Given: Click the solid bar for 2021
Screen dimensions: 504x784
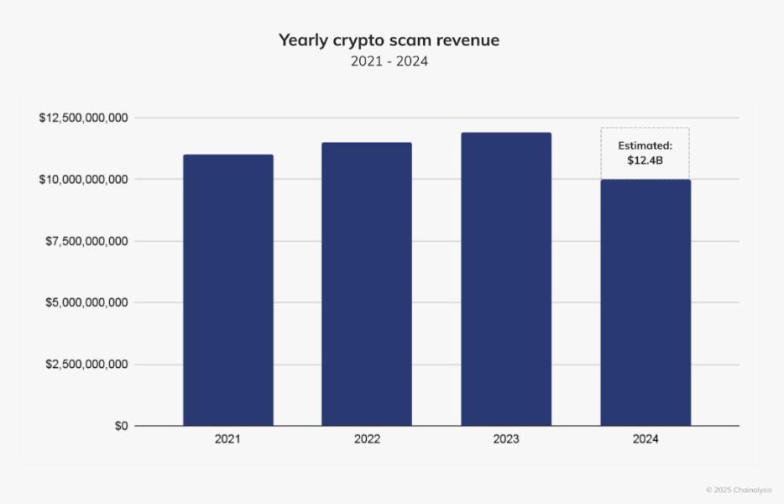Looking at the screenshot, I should pos(228,290).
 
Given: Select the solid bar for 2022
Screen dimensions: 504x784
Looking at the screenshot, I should pos(367,284).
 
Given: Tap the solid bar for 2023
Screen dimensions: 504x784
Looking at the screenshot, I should pos(506,279).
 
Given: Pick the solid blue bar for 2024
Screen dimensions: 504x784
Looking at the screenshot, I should pos(645,302).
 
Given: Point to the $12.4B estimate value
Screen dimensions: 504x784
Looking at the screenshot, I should pos(645,160).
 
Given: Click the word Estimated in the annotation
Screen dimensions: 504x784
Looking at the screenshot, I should pos(645,145).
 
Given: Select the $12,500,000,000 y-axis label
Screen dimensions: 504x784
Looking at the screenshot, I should pos(83,118).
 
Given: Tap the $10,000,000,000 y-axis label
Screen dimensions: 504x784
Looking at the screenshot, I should pos(83,179).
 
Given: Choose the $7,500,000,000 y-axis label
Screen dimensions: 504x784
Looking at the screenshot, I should pos(86,241).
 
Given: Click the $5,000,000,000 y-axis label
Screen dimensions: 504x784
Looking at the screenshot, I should pos(86,302).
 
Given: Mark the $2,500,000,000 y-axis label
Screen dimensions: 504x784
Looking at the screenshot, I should pos(86,365).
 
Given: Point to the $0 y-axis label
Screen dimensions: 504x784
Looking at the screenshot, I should pos(121,426).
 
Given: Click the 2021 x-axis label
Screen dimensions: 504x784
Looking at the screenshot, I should pos(227,439).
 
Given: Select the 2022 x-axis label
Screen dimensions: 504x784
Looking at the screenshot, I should pos(367,439).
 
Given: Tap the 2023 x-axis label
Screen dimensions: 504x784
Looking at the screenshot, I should pos(506,439).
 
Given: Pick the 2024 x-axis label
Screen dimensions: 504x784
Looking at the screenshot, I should pos(645,439).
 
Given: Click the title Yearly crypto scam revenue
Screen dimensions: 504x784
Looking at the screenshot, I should pos(389,40).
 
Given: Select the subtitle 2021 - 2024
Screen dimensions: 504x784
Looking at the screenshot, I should pos(389,61).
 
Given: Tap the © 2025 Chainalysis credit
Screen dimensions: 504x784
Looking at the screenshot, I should pos(739,490).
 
